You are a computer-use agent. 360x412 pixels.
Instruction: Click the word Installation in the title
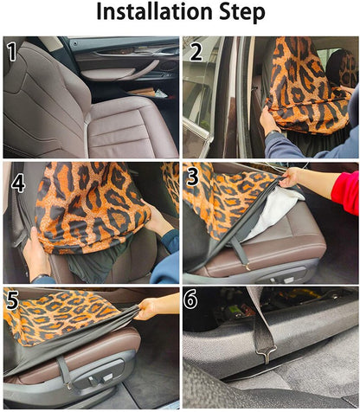point(154,11)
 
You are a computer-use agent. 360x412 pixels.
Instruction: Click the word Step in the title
point(242,12)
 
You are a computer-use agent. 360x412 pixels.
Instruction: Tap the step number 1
point(12,52)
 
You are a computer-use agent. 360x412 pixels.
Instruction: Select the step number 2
point(196,52)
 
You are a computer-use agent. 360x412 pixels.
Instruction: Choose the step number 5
point(12,299)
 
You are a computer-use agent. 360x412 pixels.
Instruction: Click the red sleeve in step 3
point(345,192)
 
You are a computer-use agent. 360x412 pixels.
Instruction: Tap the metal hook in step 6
point(266,353)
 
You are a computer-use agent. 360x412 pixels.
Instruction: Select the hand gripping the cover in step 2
point(269,120)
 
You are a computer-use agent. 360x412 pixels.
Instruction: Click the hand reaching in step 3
point(292,177)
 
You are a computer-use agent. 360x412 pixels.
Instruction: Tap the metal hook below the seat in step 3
point(247,267)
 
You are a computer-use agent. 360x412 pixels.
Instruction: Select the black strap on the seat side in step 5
point(64,370)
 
